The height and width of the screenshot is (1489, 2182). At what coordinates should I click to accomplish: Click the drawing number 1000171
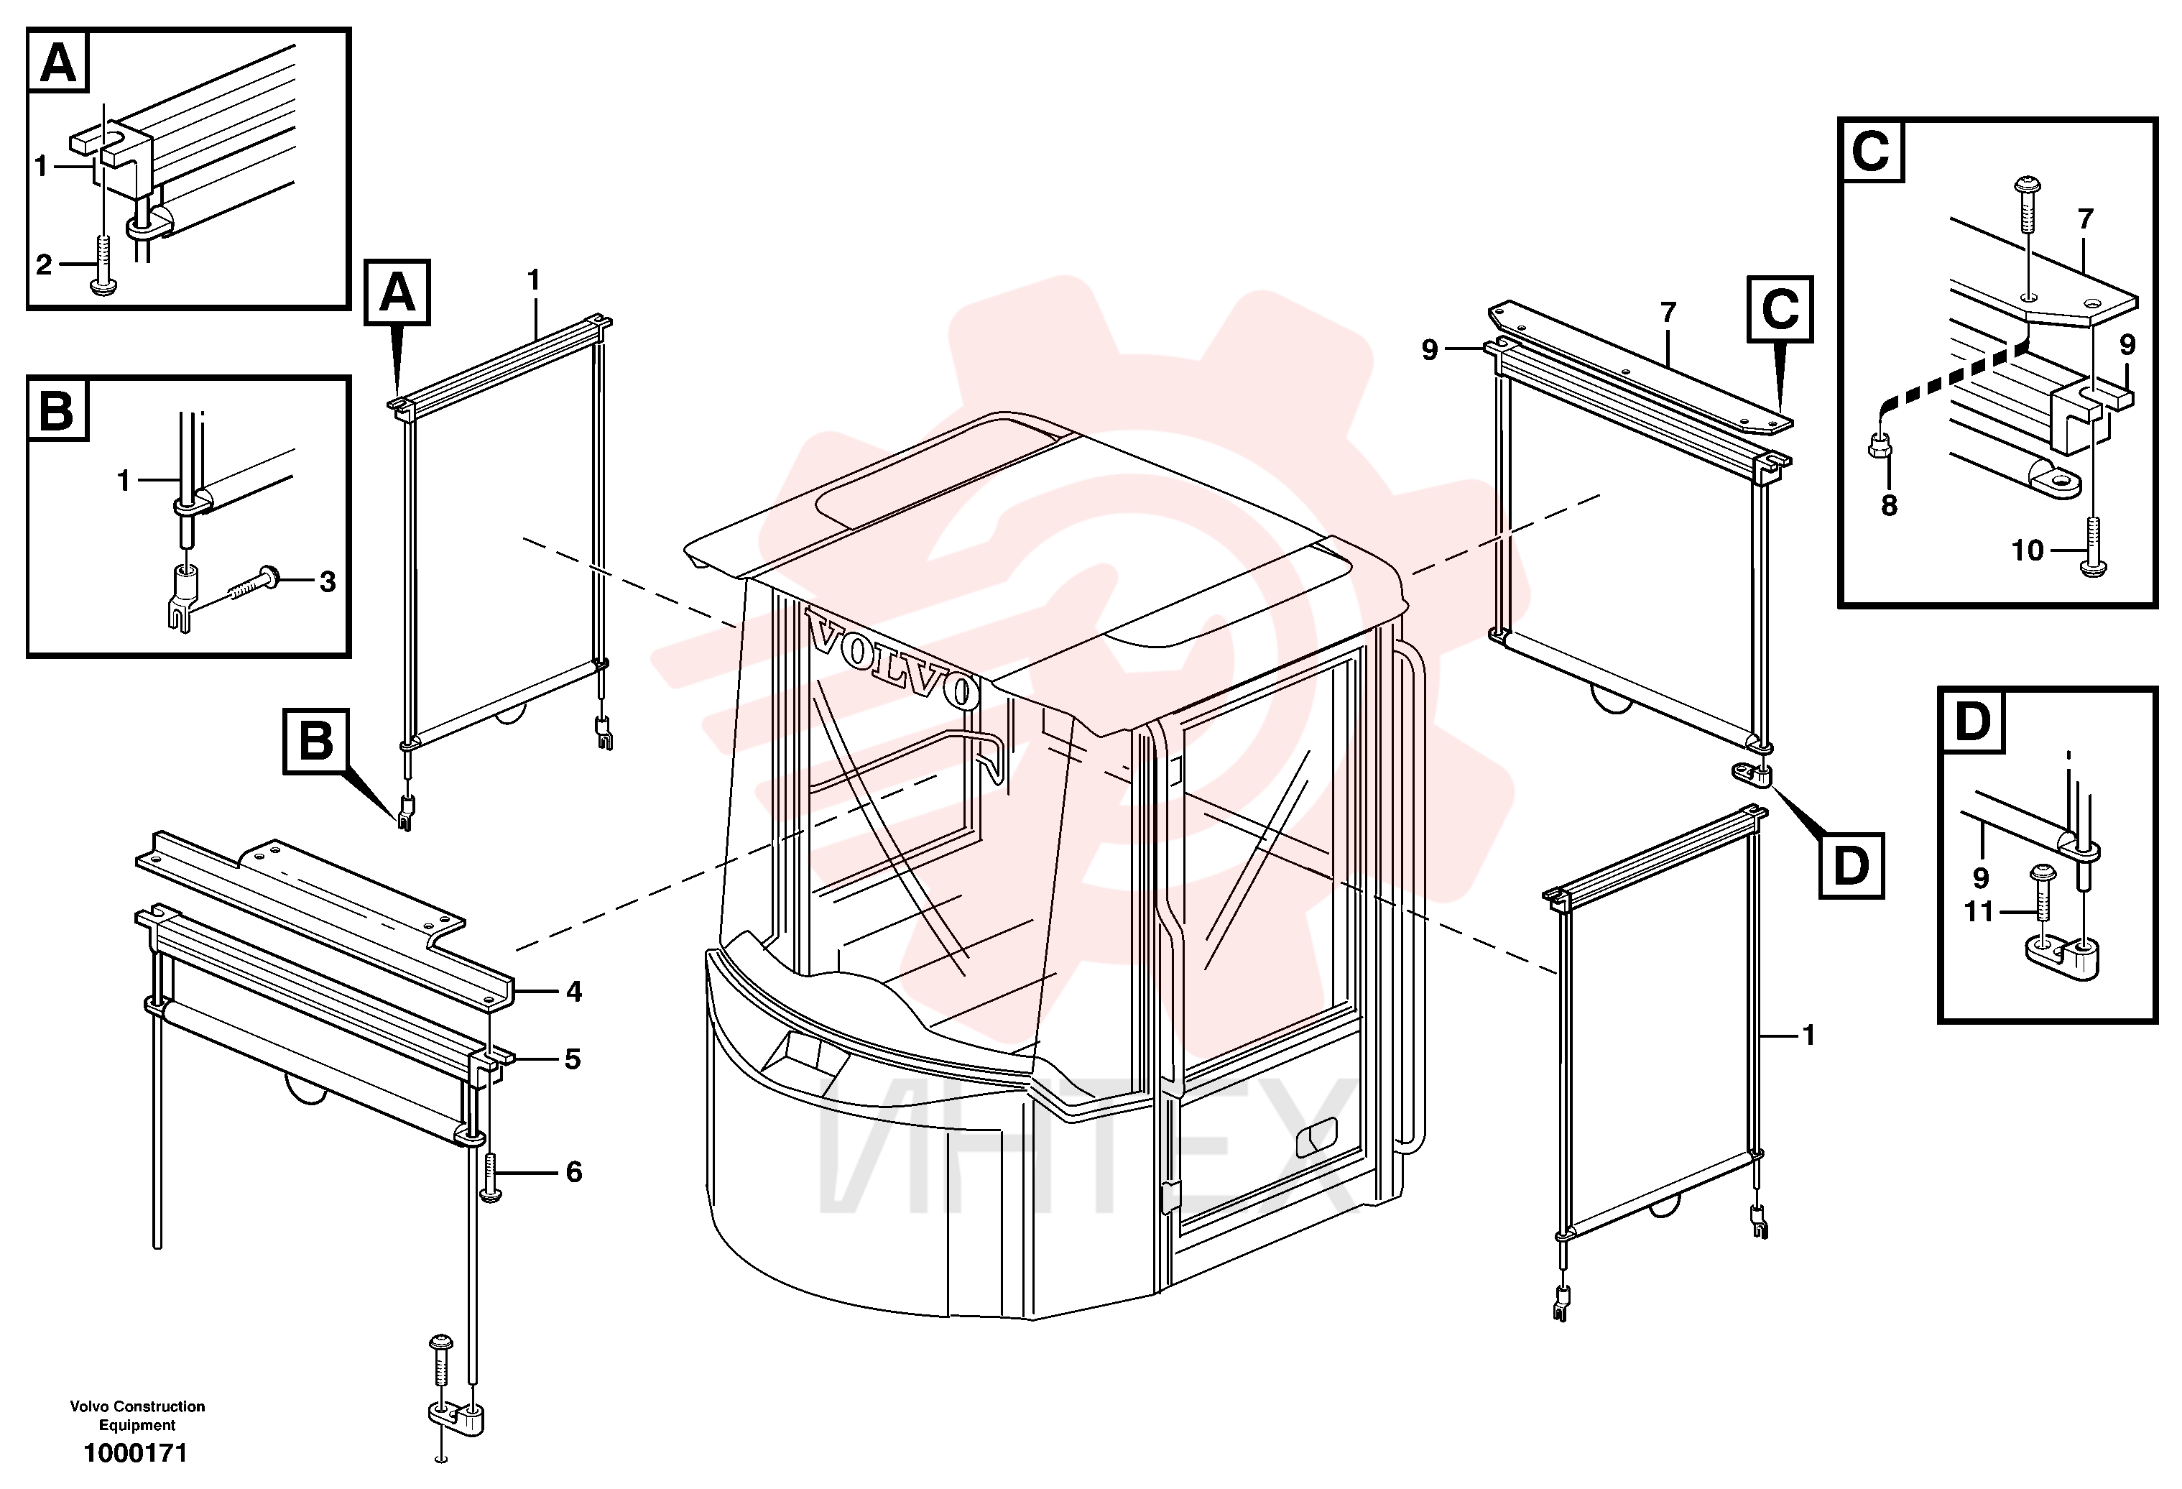click(136, 1453)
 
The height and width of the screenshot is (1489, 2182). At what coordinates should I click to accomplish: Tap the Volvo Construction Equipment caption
click(137, 1415)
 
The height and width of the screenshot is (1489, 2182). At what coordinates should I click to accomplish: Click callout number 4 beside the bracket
click(573, 992)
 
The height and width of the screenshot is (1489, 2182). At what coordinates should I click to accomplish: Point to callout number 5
click(573, 1059)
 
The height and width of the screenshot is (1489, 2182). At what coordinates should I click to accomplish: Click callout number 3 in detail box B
click(327, 582)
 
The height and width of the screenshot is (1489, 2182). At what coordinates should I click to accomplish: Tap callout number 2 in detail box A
click(44, 264)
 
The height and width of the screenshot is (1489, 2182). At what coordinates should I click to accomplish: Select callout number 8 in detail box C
click(1889, 506)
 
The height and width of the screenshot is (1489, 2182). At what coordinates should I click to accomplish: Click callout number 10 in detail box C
click(2028, 550)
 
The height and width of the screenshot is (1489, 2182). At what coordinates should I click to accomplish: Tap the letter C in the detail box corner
click(1871, 150)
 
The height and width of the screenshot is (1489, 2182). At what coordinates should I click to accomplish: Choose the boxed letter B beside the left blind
click(316, 741)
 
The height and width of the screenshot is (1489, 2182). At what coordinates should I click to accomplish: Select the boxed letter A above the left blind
click(397, 293)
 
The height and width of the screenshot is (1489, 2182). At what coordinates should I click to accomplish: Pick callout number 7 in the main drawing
click(1668, 313)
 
